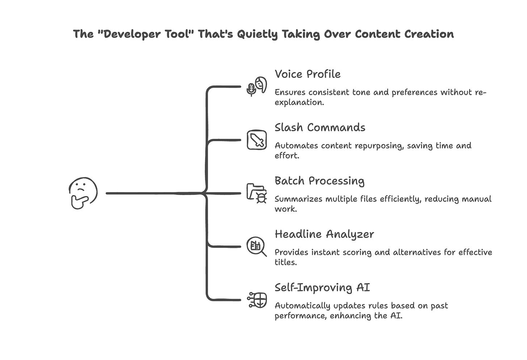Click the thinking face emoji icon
coord(83,193)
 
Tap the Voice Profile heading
coord(307,74)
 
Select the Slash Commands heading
coord(320,128)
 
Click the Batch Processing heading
coord(319,181)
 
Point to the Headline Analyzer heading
coord(324,234)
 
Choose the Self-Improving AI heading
coord(322,288)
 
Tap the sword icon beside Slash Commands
coord(257,140)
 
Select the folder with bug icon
coord(257,193)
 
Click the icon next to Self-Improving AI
coord(257,300)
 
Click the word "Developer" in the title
coord(128,34)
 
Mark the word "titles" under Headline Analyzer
coord(285,262)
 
